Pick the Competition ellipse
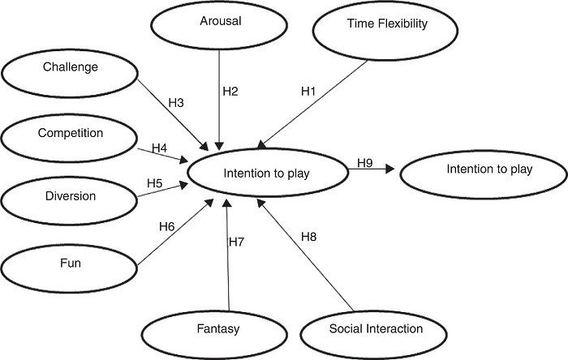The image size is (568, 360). coord(71,133)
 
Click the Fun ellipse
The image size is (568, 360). coord(71,264)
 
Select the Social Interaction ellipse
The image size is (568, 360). coord(376,329)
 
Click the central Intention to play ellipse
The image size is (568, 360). coord(268,173)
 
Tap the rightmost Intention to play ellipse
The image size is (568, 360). coord(483,171)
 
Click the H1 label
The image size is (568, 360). coord(308,92)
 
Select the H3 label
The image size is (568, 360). coord(176,103)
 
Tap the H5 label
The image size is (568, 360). coord(155,184)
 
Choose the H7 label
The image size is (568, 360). coord(237,242)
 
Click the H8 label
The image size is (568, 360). coord(308,237)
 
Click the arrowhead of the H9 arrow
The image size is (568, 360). coord(392,169)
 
